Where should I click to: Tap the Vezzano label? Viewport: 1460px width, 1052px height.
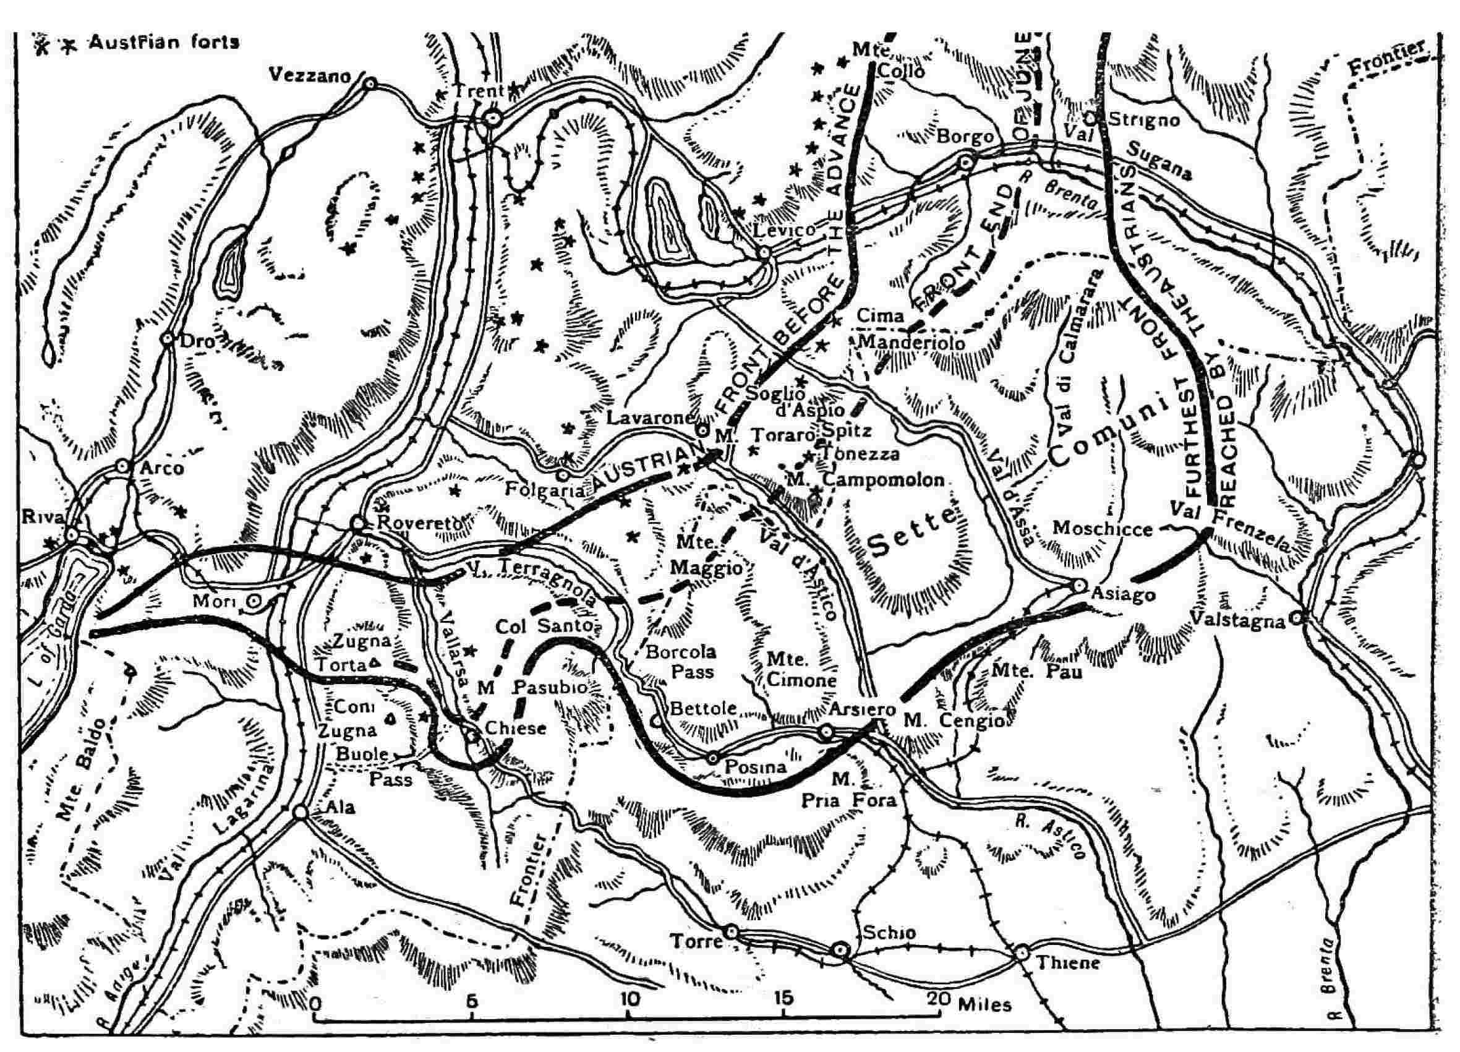tap(310, 75)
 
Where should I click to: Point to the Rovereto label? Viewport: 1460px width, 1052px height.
tap(418, 523)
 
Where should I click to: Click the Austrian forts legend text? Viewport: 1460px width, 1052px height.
tap(164, 43)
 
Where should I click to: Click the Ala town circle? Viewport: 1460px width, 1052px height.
tap(299, 813)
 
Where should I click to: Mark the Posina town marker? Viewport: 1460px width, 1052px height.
tap(712, 758)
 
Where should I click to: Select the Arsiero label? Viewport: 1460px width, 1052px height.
tap(862, 709)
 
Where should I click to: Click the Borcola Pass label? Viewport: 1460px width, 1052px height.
tap(680, 661)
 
